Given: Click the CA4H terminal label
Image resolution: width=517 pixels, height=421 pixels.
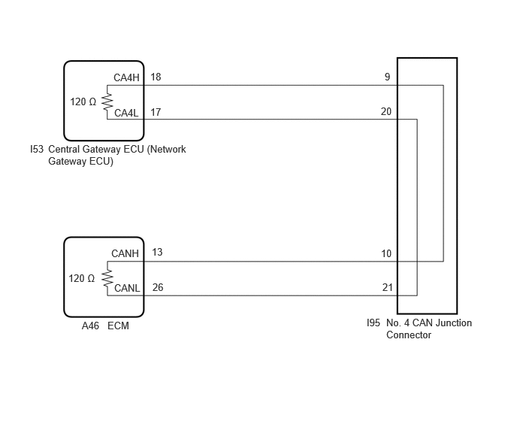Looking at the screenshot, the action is pos(126,77).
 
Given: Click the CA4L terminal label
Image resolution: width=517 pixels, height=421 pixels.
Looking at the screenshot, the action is pos(126,113).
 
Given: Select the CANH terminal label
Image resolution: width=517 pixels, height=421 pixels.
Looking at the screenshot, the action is pos(125,253).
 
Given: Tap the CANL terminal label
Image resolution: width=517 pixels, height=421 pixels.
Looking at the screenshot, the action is pos(127,288).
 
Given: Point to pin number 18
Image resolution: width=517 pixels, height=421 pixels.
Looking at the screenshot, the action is pos(156,77).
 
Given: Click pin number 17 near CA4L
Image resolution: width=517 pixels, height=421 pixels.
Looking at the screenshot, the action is pos(156,112).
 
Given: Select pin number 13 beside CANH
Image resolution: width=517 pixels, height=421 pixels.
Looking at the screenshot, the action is pos(157,252).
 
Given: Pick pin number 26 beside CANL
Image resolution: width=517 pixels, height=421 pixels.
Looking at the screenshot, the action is pos(158,287).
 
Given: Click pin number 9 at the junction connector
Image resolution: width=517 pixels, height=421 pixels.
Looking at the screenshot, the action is pos(388,77).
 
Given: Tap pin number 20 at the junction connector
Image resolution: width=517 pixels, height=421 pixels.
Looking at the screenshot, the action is pos(386,111).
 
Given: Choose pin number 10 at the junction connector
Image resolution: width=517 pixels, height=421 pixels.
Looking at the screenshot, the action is pos(386,253).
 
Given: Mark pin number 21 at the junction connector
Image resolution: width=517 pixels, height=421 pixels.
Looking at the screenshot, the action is pos(388,287).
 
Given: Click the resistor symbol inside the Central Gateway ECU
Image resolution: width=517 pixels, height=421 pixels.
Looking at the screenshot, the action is pos(107,101).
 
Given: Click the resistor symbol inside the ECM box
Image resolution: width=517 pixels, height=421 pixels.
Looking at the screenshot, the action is pos(107,278).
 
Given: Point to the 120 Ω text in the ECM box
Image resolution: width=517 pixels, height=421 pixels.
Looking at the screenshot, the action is pos(82,278).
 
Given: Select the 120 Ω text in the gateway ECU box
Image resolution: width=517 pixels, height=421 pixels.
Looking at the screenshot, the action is pos(83,101).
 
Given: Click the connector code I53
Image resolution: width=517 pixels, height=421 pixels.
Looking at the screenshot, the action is pos(37,149).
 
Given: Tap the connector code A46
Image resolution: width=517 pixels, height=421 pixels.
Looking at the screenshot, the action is pos(90,326).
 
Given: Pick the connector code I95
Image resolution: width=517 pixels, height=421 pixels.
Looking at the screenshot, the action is pos(373,323).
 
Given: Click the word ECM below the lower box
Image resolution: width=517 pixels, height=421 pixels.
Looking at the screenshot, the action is pos(118,326).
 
